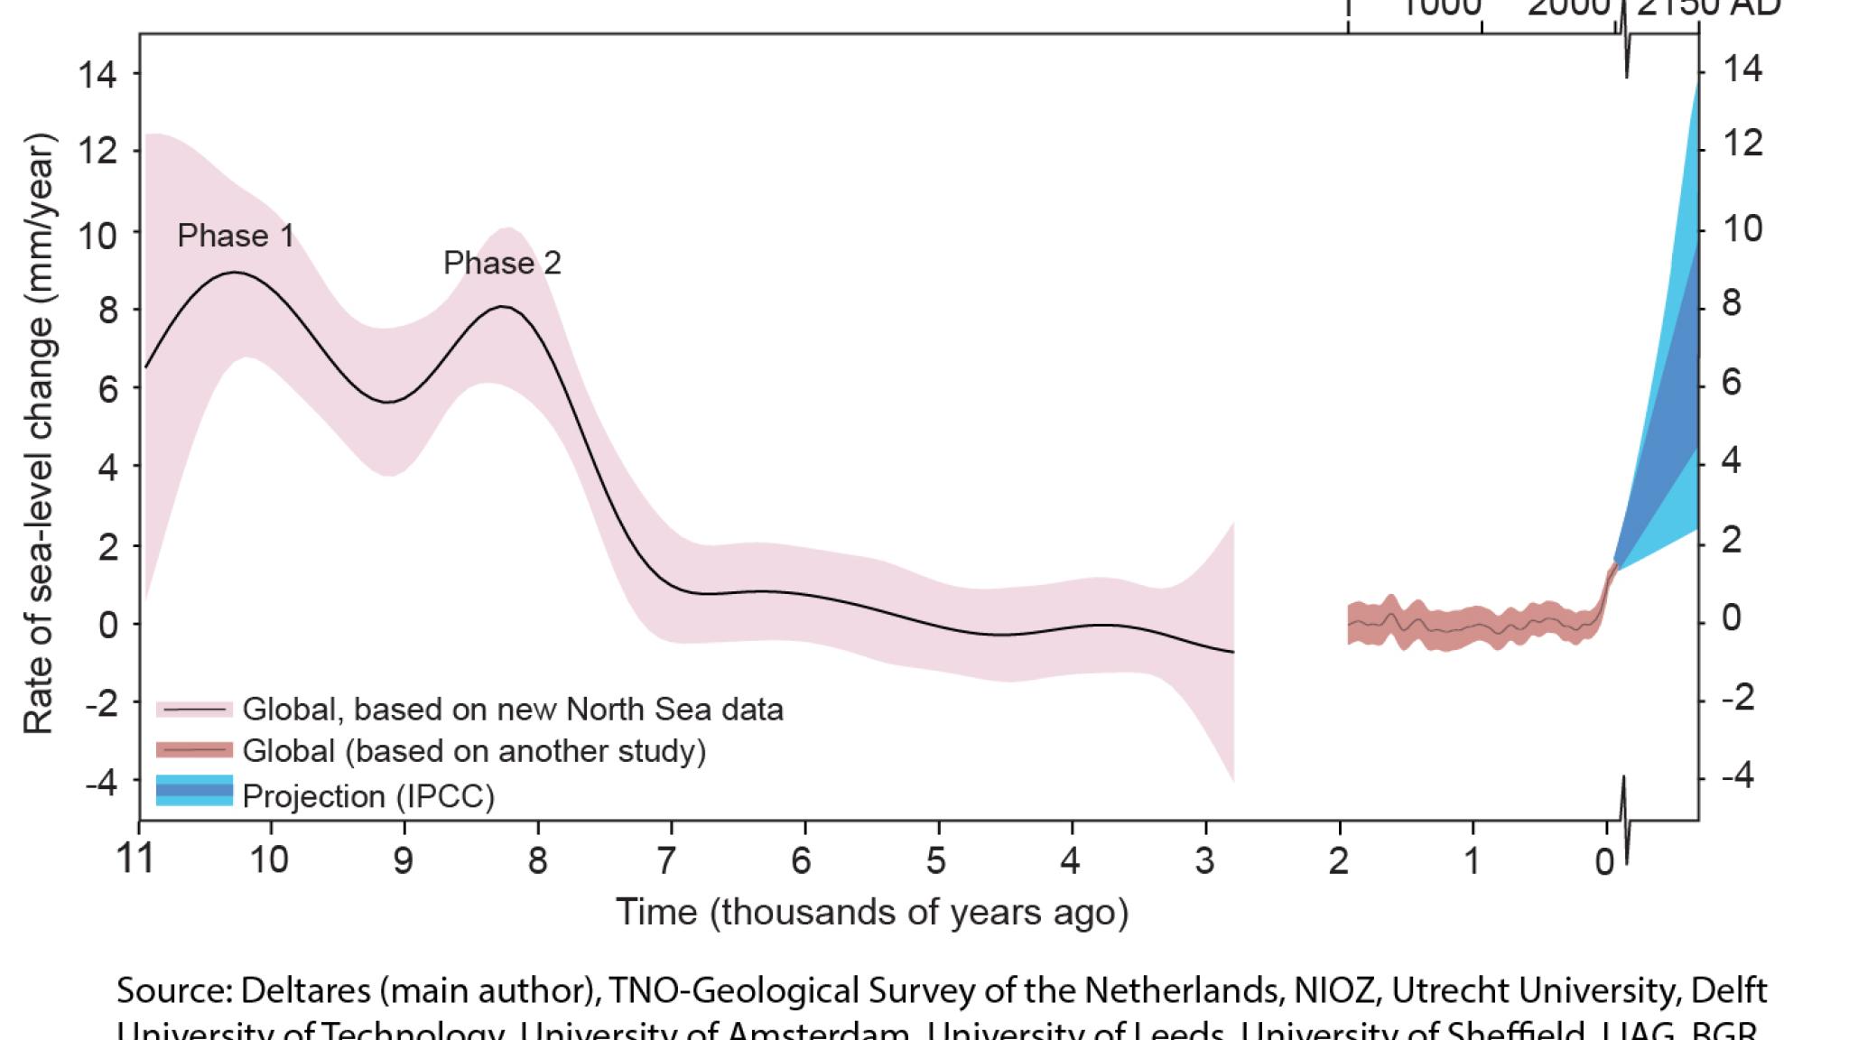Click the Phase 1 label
(x=236, y=236)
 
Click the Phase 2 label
(x=502, y=263)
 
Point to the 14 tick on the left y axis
(x=98, y=74)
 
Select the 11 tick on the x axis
(x=136, y=859)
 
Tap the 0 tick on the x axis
(x=1604, y=862)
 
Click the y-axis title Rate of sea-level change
(x=39, y=433)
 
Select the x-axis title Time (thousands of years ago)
(x=872, y=912)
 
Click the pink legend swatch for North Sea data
(x=194, y=710)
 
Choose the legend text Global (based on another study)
(x=474, y=751)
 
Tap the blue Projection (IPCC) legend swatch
(x=194, y=791)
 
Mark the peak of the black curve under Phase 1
(x=235, y=272)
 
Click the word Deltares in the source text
(x=303, y=991)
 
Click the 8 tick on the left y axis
(x=107, y=310)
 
